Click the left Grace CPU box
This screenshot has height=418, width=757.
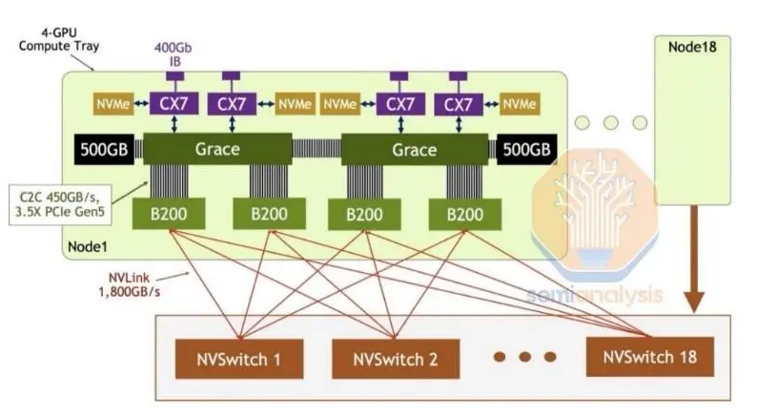pyautogui.click(x=216, y=149)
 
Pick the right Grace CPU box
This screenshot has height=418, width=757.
pyautogui.click(x=415, y=149)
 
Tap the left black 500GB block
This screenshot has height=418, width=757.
pyautogui.click(x=104, y=149)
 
